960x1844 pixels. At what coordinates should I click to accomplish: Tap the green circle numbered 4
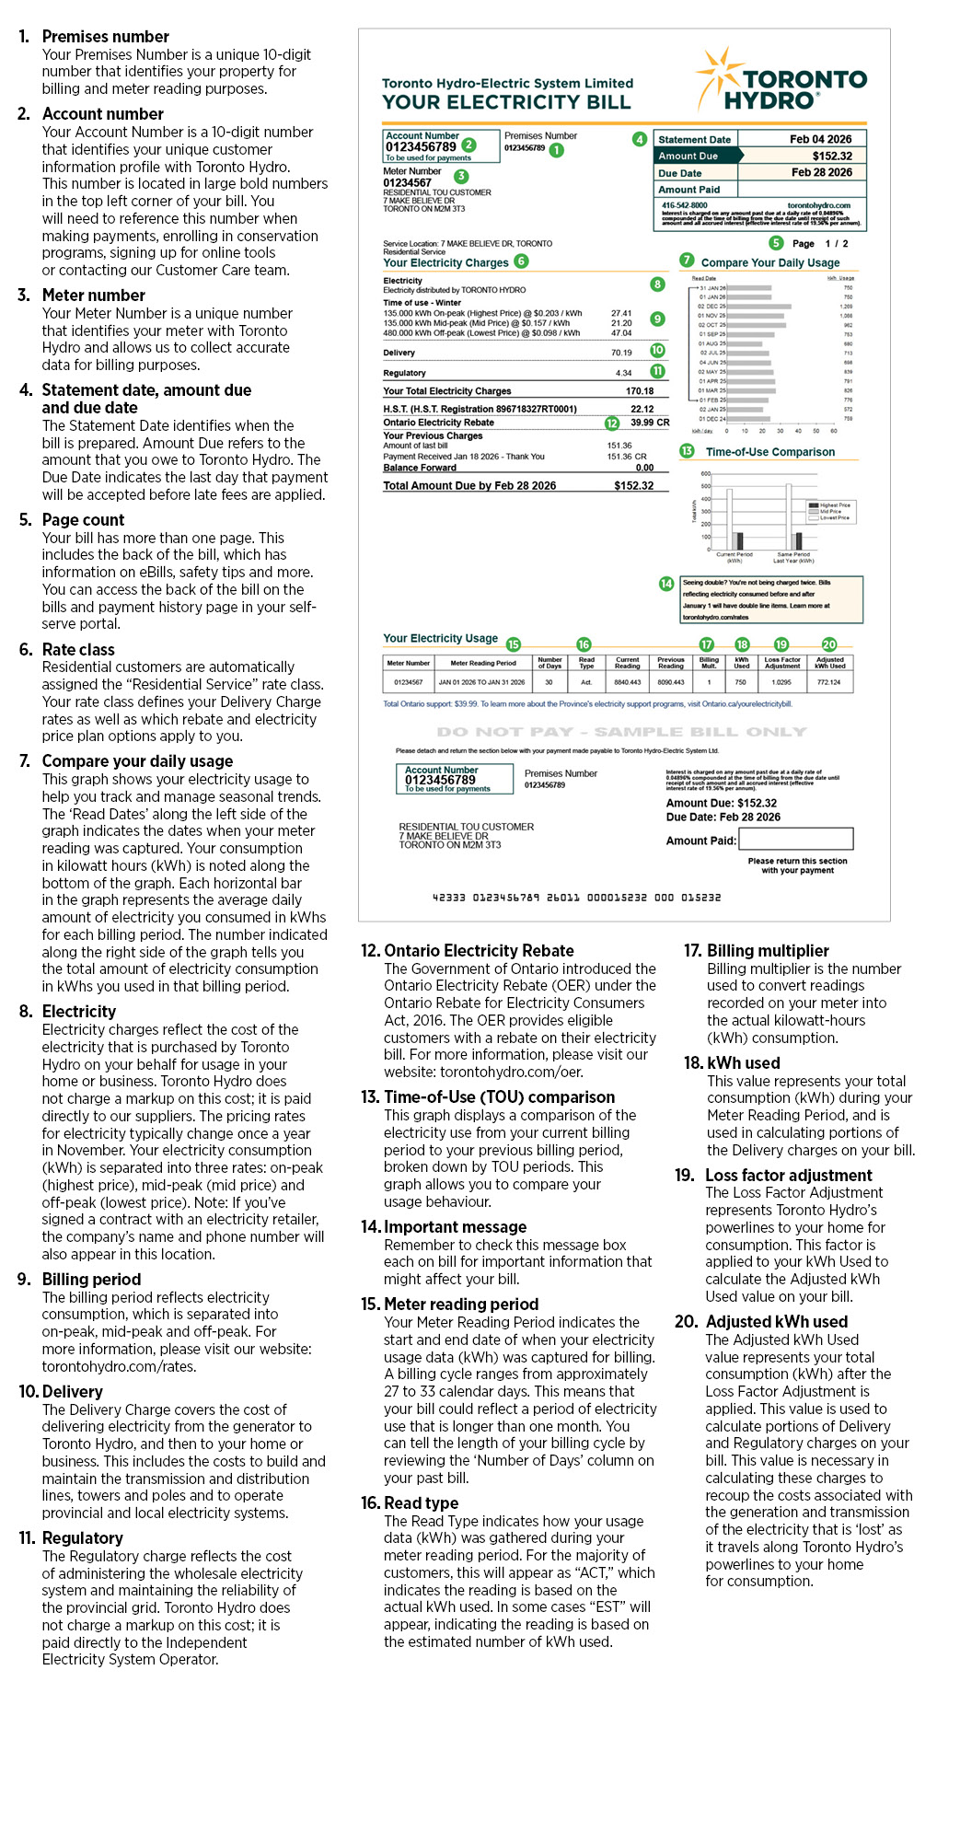point(639,139)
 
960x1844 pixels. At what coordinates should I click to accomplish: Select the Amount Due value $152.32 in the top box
point(831,157)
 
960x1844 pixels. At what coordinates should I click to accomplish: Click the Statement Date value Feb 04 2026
point(820,140)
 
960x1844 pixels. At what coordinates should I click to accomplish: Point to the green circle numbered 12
point(612,423)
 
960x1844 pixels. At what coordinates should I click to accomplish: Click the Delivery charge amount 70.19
point(621,353)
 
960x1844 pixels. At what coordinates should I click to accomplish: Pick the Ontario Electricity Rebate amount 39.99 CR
point(650,423)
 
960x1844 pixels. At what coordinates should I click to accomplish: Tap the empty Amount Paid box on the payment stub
point(795,839)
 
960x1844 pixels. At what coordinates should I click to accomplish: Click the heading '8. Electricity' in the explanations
point(68,1012)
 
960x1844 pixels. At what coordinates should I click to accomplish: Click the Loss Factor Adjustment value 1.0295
point(781,683)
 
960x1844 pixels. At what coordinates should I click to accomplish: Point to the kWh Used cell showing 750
point(741,683)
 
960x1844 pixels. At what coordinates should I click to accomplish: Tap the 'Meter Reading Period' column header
point(483,663)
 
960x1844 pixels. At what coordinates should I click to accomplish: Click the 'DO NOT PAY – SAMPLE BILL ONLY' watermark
point(621,732)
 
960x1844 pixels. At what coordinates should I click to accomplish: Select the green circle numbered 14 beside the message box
point(666,584)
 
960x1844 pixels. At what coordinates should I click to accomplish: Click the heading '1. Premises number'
point(94,37)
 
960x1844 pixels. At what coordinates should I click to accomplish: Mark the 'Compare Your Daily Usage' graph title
point(770,263)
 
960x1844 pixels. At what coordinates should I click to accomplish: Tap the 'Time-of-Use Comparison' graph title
point(770,453)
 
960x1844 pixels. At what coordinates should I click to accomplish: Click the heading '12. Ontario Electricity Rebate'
point(467,951)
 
